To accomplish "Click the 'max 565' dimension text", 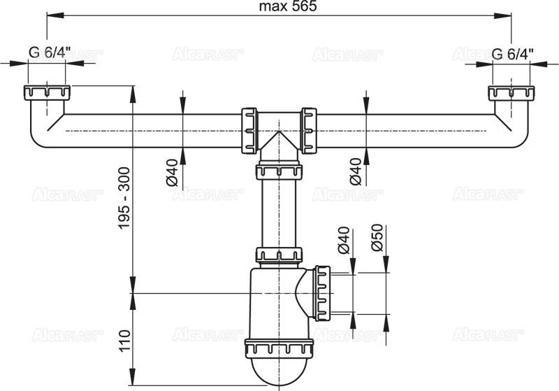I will [278, 8].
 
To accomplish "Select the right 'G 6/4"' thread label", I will [512, 53].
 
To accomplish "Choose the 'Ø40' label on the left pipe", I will [173, 171].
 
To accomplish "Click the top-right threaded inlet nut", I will [511, 94].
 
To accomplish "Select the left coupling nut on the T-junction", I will [248, 130].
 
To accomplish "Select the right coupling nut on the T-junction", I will [308, 130].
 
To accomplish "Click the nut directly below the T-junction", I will [278, 171].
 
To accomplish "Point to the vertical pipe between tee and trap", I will [278, 213].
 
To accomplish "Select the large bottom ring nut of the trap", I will [278, 348].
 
